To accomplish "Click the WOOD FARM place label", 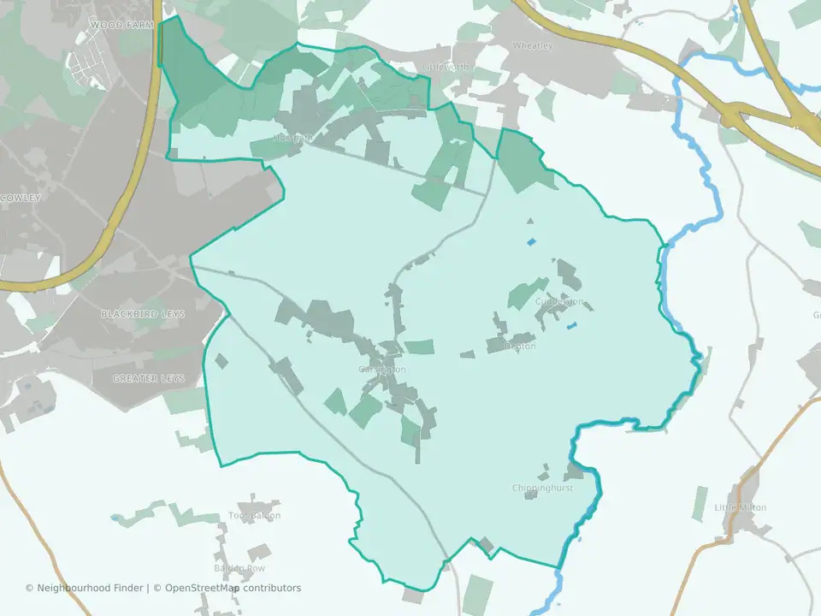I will coord(121,25).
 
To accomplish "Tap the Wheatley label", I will coord(532,44).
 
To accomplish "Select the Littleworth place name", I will coord(446,66).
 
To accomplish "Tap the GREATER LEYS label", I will coord(148,378).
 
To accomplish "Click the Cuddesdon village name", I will coord(559,301).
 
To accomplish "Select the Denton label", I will coord(520,346).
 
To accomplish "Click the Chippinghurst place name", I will coord(541,488).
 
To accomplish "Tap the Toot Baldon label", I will coord(254,516).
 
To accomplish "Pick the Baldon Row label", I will coord(239,568).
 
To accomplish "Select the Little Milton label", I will coord(740,507).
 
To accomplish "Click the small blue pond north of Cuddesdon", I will coord(532,242).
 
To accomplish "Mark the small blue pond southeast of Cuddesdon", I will coord(571,326).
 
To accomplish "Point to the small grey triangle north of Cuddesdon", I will coord(529,221).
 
